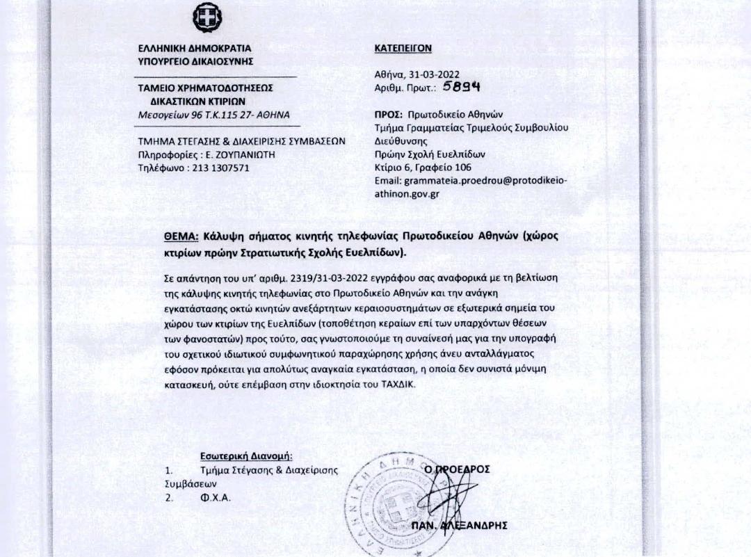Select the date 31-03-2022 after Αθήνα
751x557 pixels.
click(x=436, y=75)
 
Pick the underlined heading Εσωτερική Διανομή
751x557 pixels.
click(x=246, y=456)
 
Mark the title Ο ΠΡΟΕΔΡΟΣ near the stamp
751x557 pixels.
click(x=457, y=469)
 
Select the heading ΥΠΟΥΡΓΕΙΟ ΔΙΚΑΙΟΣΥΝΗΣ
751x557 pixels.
click(x=196, y=62)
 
